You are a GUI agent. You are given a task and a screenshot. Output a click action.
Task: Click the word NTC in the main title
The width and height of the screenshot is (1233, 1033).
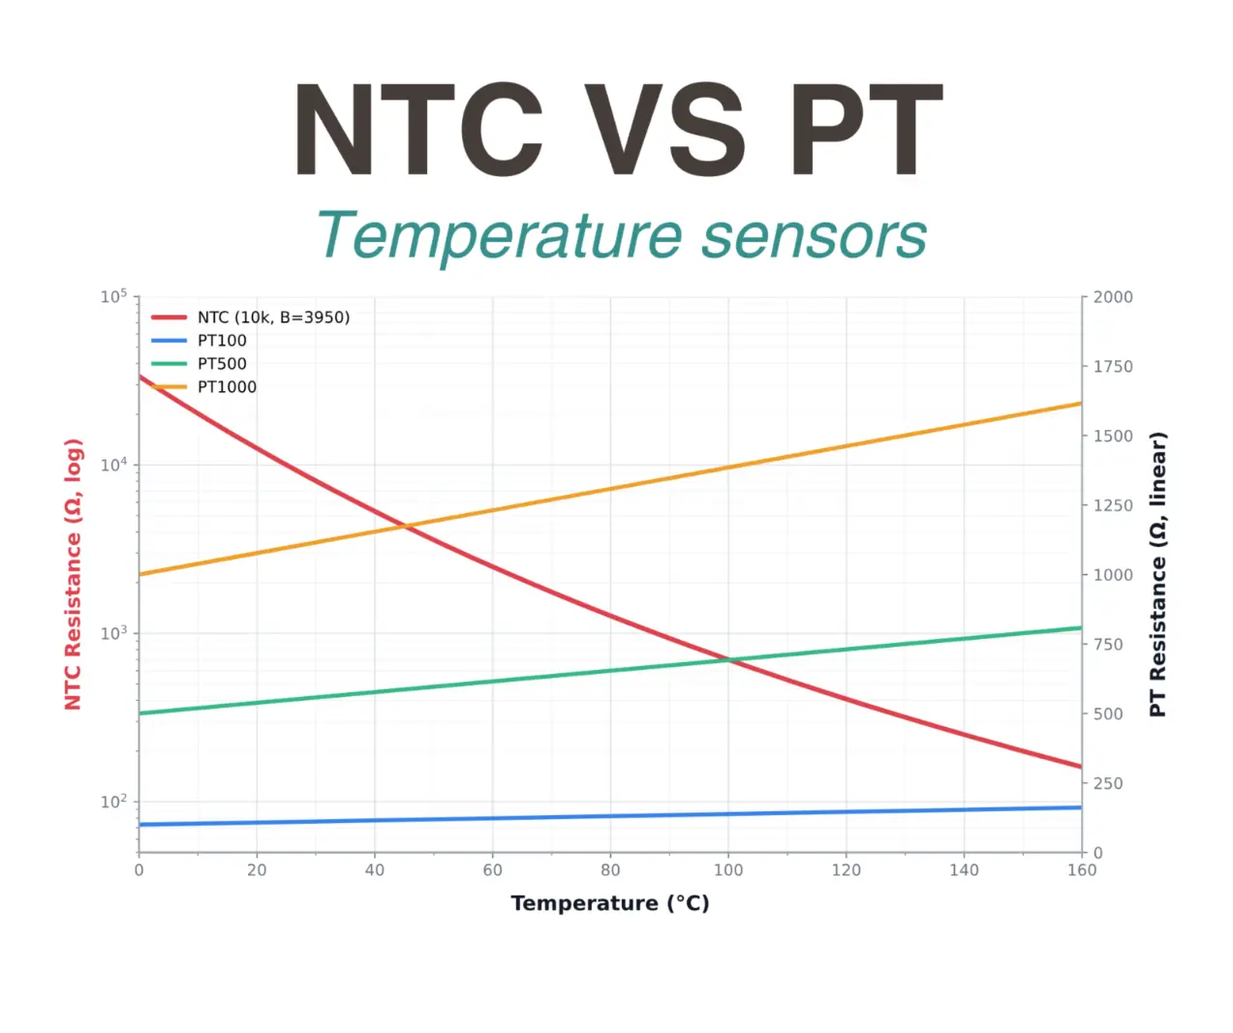coord(417,131)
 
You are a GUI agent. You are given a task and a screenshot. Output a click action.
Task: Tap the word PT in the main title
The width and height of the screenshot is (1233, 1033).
coord(865,131)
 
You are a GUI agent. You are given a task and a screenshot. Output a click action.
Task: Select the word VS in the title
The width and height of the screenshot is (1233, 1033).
coord(665,131)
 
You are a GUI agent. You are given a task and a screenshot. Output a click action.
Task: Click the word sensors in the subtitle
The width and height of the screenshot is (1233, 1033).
coord(814,236)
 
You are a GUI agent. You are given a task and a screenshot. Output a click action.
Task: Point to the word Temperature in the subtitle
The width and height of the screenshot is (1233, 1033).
coord(500,236)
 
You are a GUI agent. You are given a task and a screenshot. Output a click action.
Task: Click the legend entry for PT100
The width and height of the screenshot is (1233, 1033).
coord(222,341)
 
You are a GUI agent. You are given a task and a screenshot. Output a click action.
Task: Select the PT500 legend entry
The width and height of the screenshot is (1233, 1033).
coord(222,364)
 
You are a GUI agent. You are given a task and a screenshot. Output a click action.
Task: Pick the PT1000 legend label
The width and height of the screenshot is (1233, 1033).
coord(227,387)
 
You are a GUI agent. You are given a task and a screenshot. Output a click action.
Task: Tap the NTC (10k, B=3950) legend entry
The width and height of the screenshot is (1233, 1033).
coord(273,318)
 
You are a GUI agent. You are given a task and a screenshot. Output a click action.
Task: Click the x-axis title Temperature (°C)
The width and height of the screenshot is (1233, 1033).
coord(610,903)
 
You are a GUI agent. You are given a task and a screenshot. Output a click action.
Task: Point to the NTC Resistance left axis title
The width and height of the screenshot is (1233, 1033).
coord(74,574)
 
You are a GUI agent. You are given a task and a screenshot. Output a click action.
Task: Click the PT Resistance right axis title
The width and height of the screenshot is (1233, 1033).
coord(1157,574)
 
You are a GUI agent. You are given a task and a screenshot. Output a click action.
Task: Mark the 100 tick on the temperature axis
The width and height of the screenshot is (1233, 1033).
coord(728,870)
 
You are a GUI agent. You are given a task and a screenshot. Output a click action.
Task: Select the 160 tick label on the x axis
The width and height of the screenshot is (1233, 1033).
coord(1082,870)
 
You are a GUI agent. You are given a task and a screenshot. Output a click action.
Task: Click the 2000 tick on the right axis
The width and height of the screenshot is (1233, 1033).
coord(1113,297)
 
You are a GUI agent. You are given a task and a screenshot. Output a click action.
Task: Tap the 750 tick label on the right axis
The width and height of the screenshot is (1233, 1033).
coord(1108,645)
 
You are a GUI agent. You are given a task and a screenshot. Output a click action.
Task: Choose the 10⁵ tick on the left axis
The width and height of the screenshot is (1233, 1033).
coord(113,296)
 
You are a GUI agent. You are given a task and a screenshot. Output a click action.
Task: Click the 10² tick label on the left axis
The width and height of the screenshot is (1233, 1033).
coord(113,802)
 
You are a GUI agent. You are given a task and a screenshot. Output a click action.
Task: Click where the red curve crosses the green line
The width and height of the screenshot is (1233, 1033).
coord(729,660)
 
